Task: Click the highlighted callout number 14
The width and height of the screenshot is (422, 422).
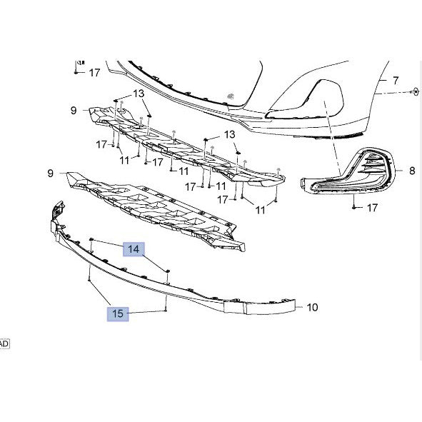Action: (x=134, y=249)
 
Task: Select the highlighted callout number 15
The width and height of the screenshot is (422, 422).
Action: (x=118, y=313)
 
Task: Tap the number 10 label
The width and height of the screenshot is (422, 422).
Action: (x=312, y=307)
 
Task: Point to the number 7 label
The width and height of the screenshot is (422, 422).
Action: (x=396, y=81)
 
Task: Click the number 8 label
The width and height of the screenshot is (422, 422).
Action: (x=412, y=171)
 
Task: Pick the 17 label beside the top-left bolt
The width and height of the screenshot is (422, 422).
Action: (x=94, y=73)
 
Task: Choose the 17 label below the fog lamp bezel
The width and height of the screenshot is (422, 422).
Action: (x=373, y=208)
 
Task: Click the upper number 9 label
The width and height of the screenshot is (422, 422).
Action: (x=74, y=111)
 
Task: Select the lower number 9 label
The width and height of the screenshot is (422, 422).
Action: (x=50, y=173)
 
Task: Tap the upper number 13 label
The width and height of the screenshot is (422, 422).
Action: (x=139, y=94)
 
